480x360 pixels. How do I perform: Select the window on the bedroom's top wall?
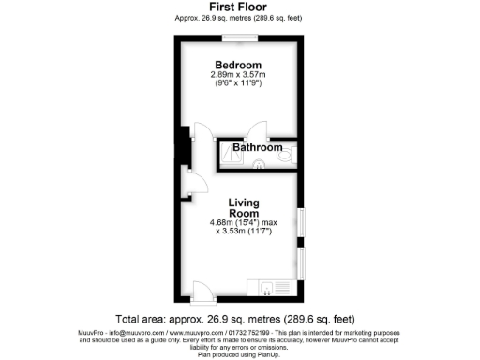240,38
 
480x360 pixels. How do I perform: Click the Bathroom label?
257,148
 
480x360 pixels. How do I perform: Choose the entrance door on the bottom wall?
202,290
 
